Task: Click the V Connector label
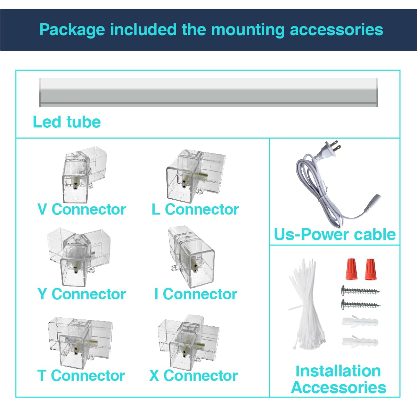(81, 209)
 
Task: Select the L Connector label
(195, 209)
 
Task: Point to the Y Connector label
(81, 294)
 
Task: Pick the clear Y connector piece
(78, 256)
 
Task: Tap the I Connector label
(195, 294)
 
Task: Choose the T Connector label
(81, 376)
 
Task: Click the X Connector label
(194, 376)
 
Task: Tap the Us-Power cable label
(335, 234)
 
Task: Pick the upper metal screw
(361, 290)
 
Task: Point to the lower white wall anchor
(360, 342)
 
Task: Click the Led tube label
(67, 122)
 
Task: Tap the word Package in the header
(72, 30)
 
